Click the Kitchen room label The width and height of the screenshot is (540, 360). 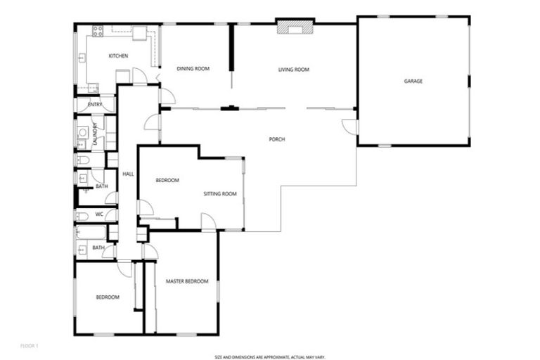tap(117, 56)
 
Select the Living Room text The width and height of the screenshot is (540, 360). tap(294, 69)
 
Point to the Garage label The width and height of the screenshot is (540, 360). tap(413, 82)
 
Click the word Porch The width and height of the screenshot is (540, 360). tap(277, 139)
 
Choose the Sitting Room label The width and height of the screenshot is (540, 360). tap(220, 193)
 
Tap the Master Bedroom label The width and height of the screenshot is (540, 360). tap(187, 281)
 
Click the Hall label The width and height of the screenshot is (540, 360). tap(128, 174)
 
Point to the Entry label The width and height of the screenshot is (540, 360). tap(95, 105)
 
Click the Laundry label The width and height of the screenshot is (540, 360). tap(94, 134)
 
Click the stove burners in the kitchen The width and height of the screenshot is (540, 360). tap(98, 31)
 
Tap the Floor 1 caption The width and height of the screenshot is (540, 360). tap(30, 345)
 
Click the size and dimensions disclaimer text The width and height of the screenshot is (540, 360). tap(270, 356)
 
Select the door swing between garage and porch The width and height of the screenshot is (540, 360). tap(348, 127)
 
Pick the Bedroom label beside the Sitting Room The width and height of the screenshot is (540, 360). tap(167, 181)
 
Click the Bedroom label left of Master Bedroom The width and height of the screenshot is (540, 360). tap(108, 297)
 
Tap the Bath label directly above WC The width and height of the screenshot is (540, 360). tap(101, 186)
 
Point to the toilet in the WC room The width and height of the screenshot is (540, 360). tap(82, 215)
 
